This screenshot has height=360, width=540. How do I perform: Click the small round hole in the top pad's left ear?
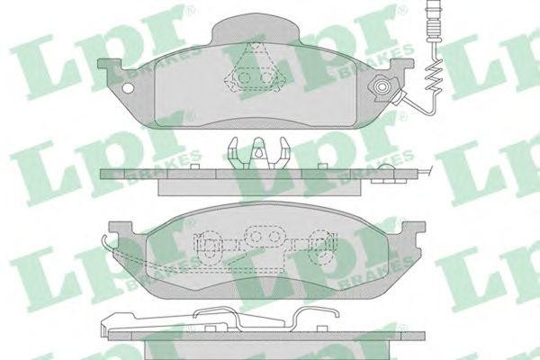pyautogui.click(x=128, y=88)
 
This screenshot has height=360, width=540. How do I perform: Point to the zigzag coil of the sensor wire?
pyautogui.click(x=434, y=76)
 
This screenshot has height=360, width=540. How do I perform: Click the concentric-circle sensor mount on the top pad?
pyautogui.click(x=382, y=86)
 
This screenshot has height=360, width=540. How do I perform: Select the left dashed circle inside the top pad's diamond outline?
pyautogui.click(x=244, y=78)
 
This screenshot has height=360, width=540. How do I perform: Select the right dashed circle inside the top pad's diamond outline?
pyautogui.click(x=266, y=78)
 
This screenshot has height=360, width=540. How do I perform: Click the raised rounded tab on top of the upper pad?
pyautogui.click(x=255, y=30)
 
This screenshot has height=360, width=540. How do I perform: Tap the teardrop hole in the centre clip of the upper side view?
pyautogui.click(x=258, y=150)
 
